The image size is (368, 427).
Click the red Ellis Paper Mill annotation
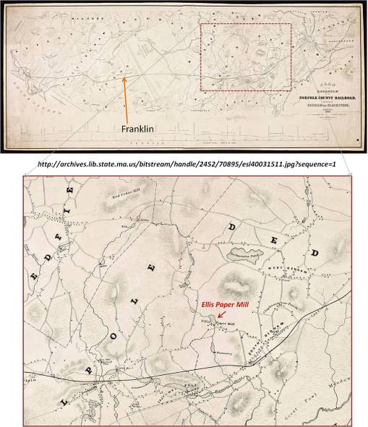225,306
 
